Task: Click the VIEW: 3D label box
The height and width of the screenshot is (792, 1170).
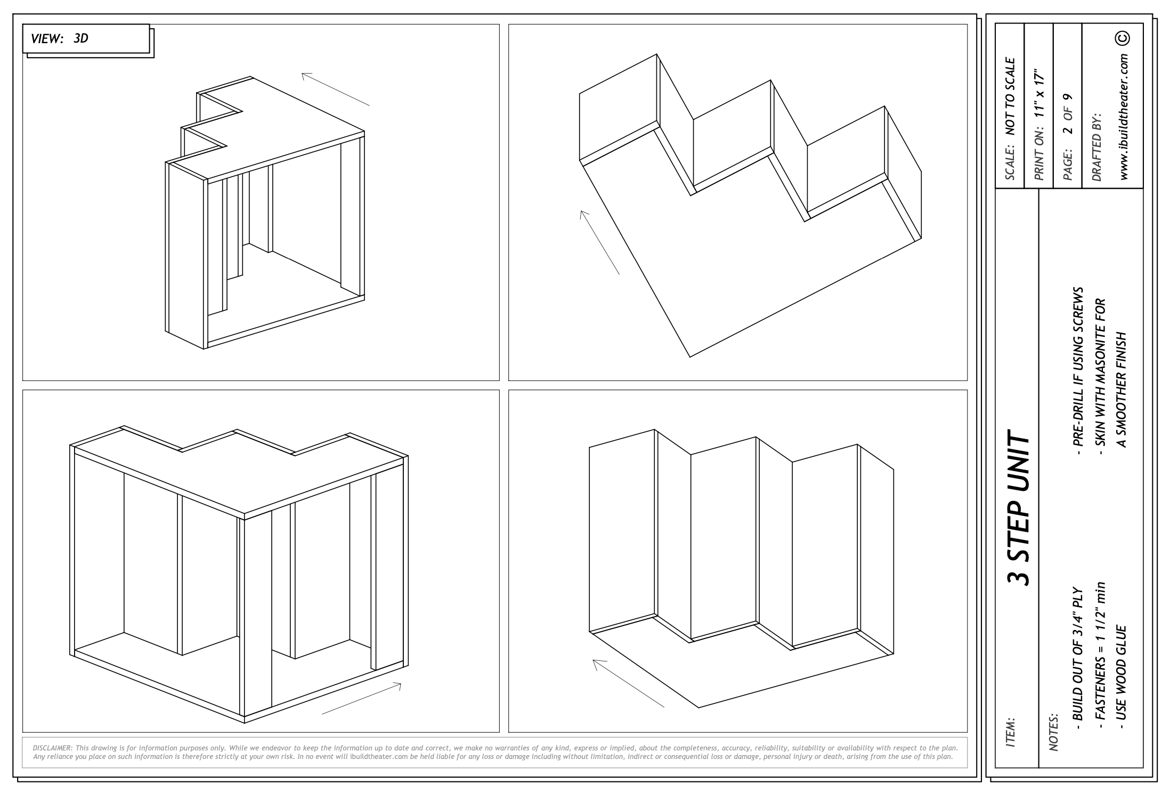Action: (86, 38)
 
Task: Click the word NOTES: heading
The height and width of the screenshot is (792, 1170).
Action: (1053, 732)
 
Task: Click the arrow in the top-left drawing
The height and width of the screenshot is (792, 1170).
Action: (336, 89)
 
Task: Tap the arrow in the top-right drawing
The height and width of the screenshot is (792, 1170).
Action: (600, 243)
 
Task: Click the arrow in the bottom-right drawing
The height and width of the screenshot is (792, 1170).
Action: (629, 683)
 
